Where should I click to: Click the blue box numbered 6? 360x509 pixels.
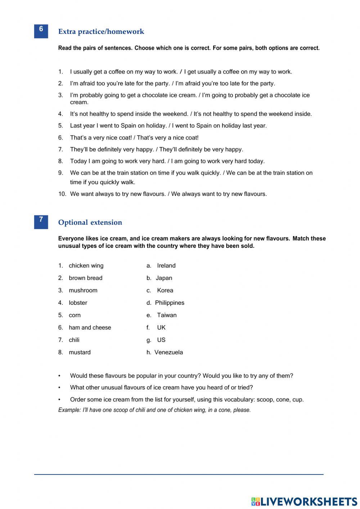pos(41,31)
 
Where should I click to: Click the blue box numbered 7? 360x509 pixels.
pos(41,222)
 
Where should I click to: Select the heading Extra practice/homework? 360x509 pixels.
pos(101,32)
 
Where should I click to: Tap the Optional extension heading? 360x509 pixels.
pos(90,223)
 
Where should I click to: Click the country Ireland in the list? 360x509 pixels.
pos(166,266)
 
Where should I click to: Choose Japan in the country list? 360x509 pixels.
pos(164,278)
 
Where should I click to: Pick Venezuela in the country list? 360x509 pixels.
pos(168,352)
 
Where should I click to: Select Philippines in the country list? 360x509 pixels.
pos(170,303)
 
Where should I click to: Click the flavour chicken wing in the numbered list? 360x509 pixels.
pos(86,266)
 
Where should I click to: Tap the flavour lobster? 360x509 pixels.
pos(78,303)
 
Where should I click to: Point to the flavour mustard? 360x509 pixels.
pos(80,352)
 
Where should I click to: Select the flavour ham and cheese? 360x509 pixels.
pos(90,328)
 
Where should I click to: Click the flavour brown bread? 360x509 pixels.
pos(85,278)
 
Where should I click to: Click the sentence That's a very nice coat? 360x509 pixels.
pos(101,138)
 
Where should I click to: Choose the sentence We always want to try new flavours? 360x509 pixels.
pos(219,194)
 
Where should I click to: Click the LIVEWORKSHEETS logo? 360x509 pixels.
pos(304,501)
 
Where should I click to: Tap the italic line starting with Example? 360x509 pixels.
pos(154,410)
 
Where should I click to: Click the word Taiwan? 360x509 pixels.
pos(167,315)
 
